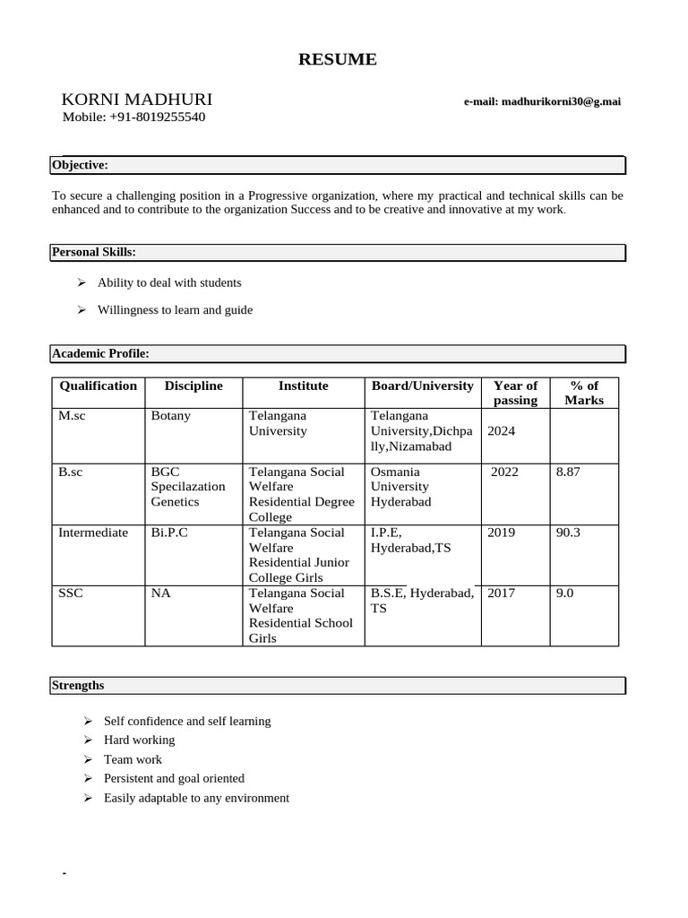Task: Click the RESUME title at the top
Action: [338, 60]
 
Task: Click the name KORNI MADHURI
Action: [137, 100]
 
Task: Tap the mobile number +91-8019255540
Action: [133, 117]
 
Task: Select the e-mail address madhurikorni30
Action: [541, 102]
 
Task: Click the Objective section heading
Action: [81, 165]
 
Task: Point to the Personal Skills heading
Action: [94, 252]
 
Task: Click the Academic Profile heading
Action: [100, 354]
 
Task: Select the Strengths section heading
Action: [78, 686]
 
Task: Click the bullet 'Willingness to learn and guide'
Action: [175, 310]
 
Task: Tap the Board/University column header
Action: [422, 386]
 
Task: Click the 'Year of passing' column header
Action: [515, 393]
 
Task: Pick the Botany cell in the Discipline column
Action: [171, 416]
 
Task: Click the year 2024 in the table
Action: [502, 431]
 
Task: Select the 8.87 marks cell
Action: [568, 472]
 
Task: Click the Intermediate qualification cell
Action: [93, 533]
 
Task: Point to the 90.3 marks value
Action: [568, 533]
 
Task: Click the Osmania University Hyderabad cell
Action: [401, 487]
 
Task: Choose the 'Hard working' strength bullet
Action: [139, 740]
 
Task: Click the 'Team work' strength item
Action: [133, 759]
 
